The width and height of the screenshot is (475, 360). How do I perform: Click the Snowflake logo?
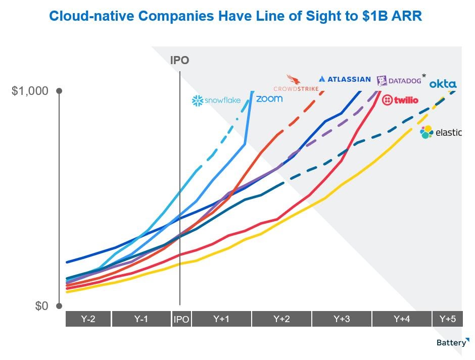[216, 100]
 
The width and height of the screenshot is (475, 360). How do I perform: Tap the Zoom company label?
[269, 98]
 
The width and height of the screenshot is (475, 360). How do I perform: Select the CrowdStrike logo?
[296, 84]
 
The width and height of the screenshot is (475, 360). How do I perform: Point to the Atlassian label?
[345, 79]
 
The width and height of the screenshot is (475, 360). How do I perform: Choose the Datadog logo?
[399, 81]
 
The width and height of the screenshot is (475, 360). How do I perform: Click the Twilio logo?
[400, 100]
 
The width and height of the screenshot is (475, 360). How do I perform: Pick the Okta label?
[443, 84]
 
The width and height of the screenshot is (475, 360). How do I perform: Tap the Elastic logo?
[441, 133]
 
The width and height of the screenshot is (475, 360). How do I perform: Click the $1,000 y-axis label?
[30, 91]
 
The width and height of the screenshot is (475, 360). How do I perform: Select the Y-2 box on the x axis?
[88, 319]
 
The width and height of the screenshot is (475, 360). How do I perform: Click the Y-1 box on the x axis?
[141, 319]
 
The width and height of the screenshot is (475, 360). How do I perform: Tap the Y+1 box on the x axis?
[221, 319]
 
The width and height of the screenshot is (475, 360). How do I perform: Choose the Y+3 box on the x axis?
[342, 319]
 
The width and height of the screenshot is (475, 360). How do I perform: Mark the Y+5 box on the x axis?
[447, 319]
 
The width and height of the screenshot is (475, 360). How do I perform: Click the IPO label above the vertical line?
[179, 61]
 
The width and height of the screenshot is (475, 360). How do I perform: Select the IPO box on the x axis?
[181, 319]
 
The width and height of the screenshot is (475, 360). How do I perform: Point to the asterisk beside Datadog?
[424, 76]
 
